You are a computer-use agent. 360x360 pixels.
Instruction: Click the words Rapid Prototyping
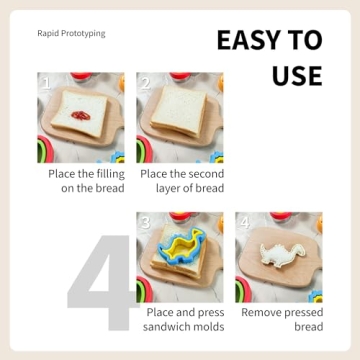tap(71, 33)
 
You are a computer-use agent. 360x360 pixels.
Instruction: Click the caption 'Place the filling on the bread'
tap(86, 180)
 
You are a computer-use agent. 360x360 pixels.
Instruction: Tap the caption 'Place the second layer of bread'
tap(182, 180)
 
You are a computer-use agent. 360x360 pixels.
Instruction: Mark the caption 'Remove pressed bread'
tap(281, 320)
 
